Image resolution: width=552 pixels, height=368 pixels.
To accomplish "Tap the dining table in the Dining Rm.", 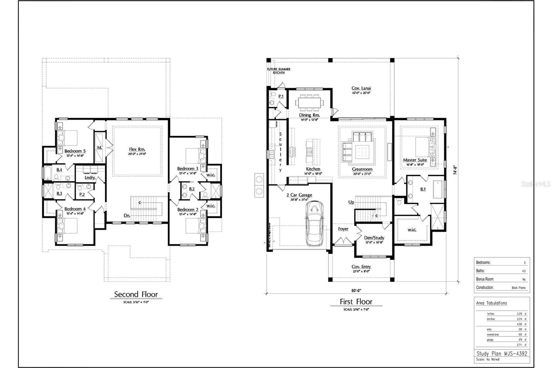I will coord(309,102).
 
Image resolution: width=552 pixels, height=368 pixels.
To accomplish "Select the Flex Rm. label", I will coord(137,149).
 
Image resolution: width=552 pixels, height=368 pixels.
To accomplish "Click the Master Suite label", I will coord(415,160).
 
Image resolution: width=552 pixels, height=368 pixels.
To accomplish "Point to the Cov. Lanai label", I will coord(361,88).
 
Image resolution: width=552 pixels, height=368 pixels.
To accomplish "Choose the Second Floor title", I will coord(136,294).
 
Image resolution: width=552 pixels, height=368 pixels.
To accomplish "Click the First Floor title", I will coord(356,302).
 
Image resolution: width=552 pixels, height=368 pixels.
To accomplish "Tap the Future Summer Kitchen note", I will coord(278,71).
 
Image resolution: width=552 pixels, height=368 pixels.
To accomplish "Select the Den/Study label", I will coord(374,238).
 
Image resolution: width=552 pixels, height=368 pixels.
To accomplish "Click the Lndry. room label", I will coord(90,177).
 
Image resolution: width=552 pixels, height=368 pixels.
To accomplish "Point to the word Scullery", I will coord(280,152).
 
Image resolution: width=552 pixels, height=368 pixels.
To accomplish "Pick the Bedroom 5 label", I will coord(75,151).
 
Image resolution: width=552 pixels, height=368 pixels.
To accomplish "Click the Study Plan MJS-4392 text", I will coord(502,354).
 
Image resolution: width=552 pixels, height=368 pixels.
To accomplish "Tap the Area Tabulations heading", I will coord(491,303).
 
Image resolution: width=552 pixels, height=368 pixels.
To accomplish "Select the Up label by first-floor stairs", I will coord(351,202).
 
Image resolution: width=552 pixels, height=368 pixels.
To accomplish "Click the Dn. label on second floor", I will coord(127,215).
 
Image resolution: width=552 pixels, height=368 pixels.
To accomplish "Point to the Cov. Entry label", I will coord(361,267).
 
